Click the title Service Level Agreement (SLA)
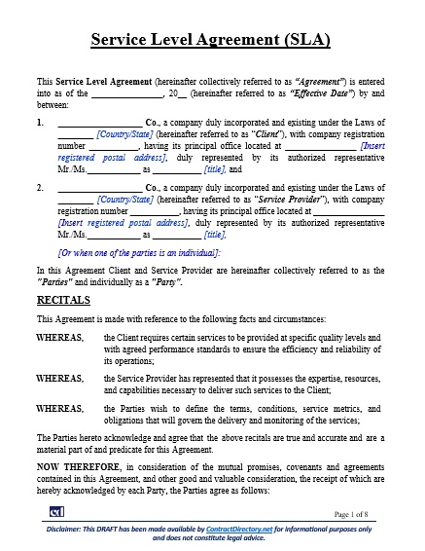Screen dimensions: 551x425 (211, 40)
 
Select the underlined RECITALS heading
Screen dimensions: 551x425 (63, 300)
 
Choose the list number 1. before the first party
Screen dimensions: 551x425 (40, 122)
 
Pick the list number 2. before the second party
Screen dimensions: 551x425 (40, 184)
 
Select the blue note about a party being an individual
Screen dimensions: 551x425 (139, 251)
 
